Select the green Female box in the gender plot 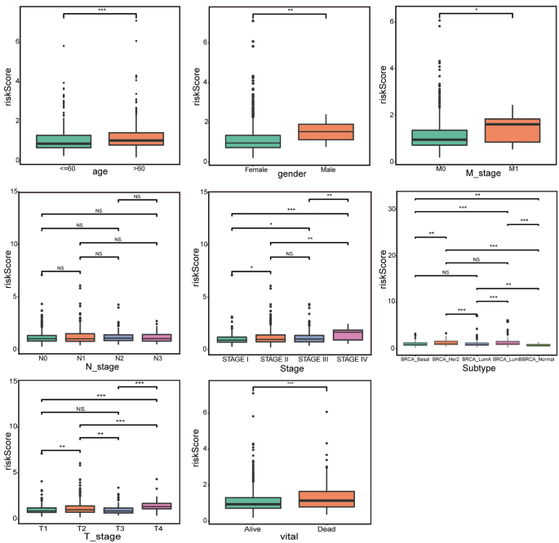point(252,141)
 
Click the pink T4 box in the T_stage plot point(157,506)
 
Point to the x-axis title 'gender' point(291,174)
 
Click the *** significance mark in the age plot point(102,10)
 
